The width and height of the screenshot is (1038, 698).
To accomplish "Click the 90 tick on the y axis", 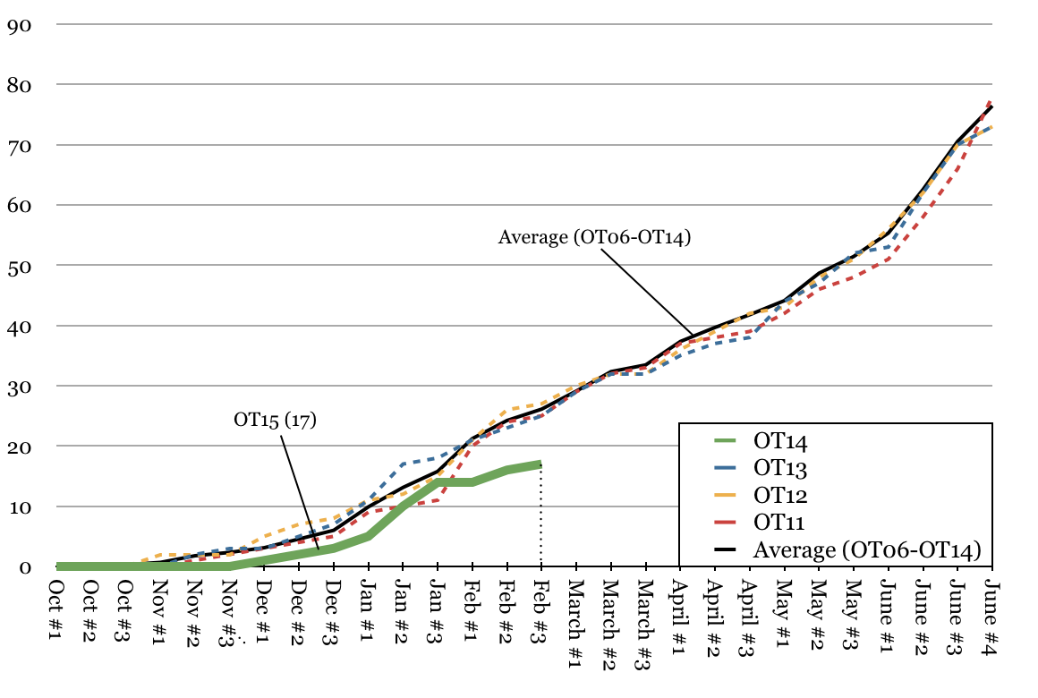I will (x=19, y=25).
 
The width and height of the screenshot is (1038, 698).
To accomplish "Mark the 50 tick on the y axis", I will (x=19, y=266).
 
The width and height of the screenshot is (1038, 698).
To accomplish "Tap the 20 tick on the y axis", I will (x=19, y=447).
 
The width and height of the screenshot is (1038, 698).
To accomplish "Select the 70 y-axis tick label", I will (x=19, y=146).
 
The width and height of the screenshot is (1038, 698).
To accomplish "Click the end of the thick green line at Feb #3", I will (x=540, y=464).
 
